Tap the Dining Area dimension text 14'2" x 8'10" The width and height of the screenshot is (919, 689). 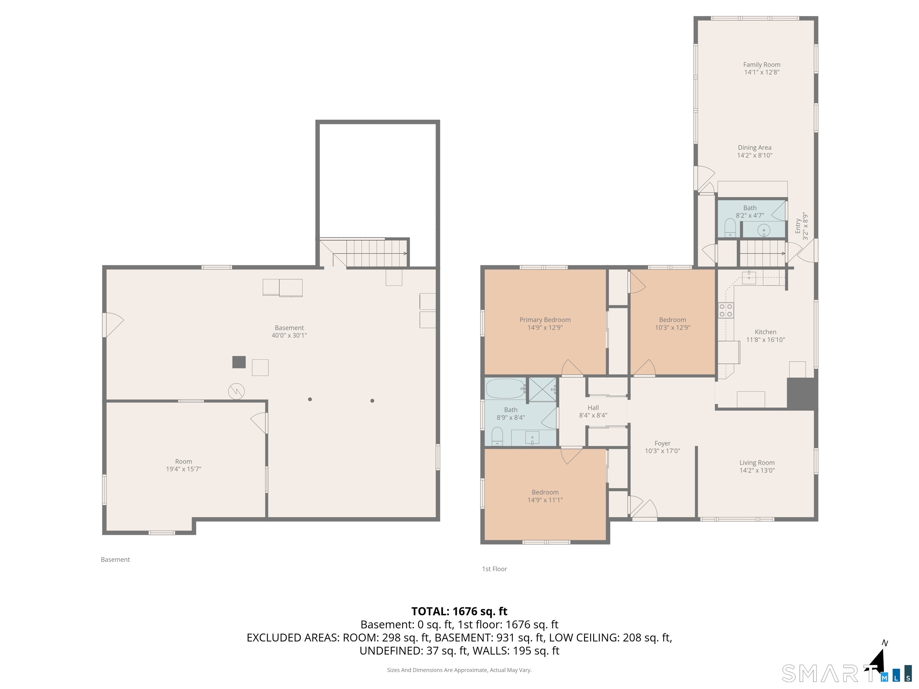click(754, 155)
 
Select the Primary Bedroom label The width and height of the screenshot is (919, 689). click(545, 320)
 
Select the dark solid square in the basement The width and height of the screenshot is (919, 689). click(239, 362)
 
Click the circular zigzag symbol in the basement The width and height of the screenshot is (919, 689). click(236, 391)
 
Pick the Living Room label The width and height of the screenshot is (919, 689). click(757, 463)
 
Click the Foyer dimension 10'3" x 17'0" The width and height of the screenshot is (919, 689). click(662, 451)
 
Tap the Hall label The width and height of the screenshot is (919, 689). click(593, 408)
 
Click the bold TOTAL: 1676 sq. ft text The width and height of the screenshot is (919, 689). click(459, 611)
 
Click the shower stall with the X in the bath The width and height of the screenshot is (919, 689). click(542, 390)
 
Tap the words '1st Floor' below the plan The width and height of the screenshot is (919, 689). click(495, 569)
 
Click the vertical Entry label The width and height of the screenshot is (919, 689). click(798, 226)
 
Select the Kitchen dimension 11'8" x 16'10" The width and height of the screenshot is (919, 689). click(765, 340)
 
